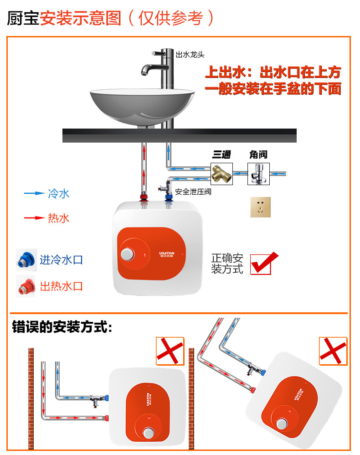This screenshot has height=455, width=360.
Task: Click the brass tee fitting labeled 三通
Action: click(222, 174)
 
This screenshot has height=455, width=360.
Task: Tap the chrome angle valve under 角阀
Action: click(258, 174)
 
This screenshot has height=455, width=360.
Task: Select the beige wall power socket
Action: click(260, 207)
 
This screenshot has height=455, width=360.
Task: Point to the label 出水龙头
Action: click(190, 55)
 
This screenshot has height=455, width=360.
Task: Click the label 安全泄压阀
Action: click(193, 192)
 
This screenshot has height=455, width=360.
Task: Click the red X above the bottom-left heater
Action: click(170, 351)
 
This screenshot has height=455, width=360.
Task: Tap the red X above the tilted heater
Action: click(333, 351)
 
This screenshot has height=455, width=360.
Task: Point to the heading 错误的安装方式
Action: click(62, 327)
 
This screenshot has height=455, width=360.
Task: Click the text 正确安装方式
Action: click(227, 264)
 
